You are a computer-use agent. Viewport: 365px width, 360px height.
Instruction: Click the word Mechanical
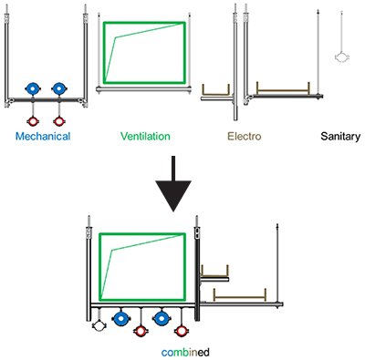click(x=43, y=136)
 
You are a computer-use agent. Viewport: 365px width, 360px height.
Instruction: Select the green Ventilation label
click(x=145, y=136)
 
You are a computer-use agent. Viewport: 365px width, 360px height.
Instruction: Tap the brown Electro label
click(x=245, y=136)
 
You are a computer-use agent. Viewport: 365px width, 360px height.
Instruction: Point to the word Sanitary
click(x=340, y=137)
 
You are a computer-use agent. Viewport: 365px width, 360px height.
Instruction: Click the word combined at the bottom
click(x=185, y=353)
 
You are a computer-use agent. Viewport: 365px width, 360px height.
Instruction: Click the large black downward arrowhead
click(x=173, y=196)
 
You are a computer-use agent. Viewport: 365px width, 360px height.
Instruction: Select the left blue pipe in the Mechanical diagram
click(x=33, y=89)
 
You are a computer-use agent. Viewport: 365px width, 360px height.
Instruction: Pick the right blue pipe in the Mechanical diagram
click(x=58, y=89)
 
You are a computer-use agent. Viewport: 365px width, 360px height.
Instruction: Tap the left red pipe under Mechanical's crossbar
click(x=33, y=121)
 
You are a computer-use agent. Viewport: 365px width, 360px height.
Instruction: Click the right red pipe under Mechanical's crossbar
click(x=58, y=121)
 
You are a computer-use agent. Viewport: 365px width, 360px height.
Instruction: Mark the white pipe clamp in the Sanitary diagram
click(x=342, y=57)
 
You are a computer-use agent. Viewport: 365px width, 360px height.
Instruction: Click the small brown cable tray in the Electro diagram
click(x=215, y=94)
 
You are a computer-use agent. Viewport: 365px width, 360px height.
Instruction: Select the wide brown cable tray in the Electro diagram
click(x=283, y=90)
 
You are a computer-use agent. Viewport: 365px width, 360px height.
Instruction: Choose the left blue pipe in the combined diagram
click(x=121, y=319)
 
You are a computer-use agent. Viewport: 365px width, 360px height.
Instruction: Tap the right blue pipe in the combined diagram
click(x=162, y=319)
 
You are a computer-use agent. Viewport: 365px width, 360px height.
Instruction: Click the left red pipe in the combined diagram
click(x=141, y=331)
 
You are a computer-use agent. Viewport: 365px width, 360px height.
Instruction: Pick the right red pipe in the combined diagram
click(x=182, y=331)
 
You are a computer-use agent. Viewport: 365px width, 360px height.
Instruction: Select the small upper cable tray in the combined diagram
click(x=214, y=276)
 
